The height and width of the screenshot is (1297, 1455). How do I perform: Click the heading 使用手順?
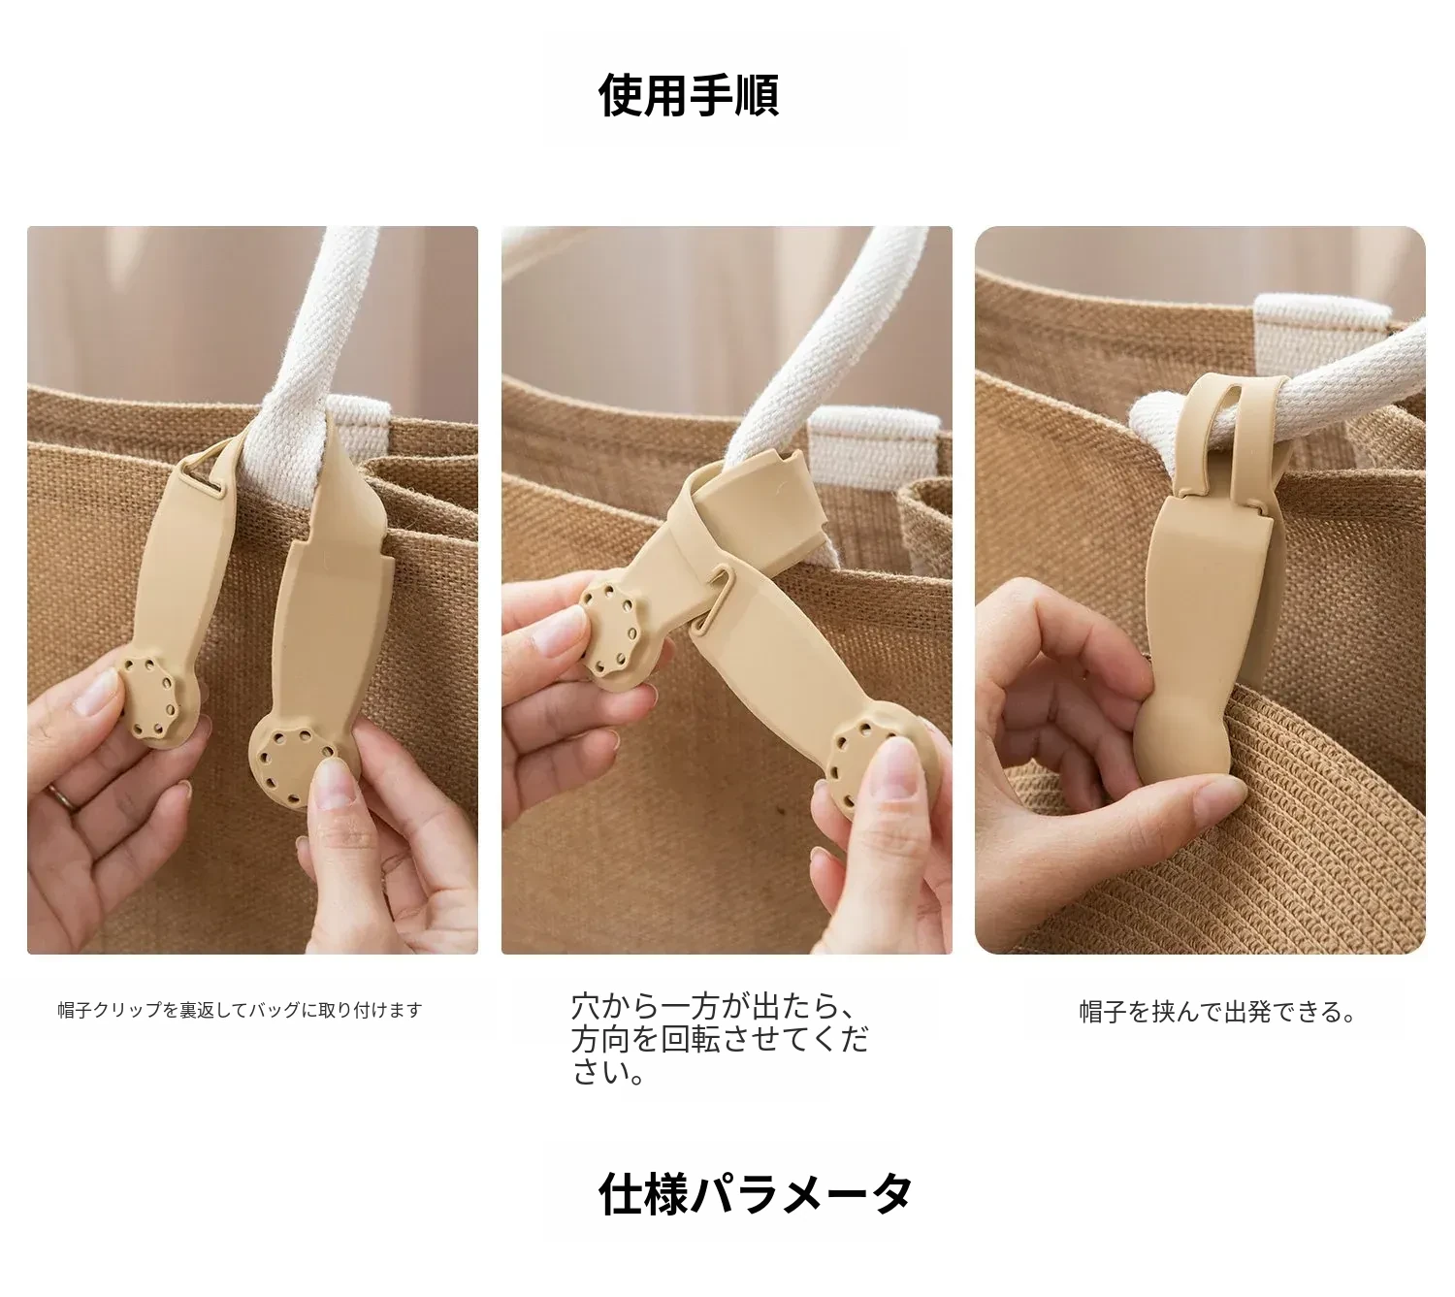[x=688, y=95]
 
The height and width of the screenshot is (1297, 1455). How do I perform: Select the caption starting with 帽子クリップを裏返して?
[x=240, y=1010]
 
